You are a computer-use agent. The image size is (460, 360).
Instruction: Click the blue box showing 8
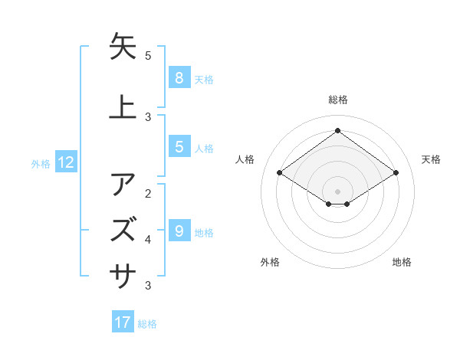pyautogui.click(x=179, y=77)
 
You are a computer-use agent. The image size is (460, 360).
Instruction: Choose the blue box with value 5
pyautogui.click(x=179, y=146)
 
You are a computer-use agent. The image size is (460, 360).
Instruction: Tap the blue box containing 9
pyautogui.click(x=179, y=231)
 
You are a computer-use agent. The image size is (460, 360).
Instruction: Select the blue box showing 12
pyautogui.click(x=66, y=162)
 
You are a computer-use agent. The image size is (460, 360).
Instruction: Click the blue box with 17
pyautogui.click(x=123, y=322)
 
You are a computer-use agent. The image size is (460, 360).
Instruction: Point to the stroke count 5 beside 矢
pyautogui.click(x=148, y=56)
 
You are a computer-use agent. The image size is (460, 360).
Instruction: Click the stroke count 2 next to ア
pyautogui.click(x=148, y=193)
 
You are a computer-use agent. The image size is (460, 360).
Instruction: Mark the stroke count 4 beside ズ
pyautogui.click(x=148, y=240)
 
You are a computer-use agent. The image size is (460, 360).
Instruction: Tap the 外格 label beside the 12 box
pyautogui.click(x=41, y=163)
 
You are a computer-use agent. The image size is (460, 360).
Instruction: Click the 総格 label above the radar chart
pyautogui.click(x=337, y=100)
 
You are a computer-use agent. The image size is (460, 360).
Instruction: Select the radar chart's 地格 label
pyautogui.click(x=402, y=262)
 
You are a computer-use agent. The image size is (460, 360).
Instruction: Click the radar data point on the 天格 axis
pyautogui.click(x=396, y=173)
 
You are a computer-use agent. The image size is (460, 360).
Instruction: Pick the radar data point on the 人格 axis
pyautogui.click(x=280, y=173)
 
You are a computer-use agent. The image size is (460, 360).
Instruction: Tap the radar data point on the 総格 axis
pyautogui.click(x=337, y=130)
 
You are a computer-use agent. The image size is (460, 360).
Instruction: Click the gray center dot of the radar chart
pyautogui.click(x=337, y=191)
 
